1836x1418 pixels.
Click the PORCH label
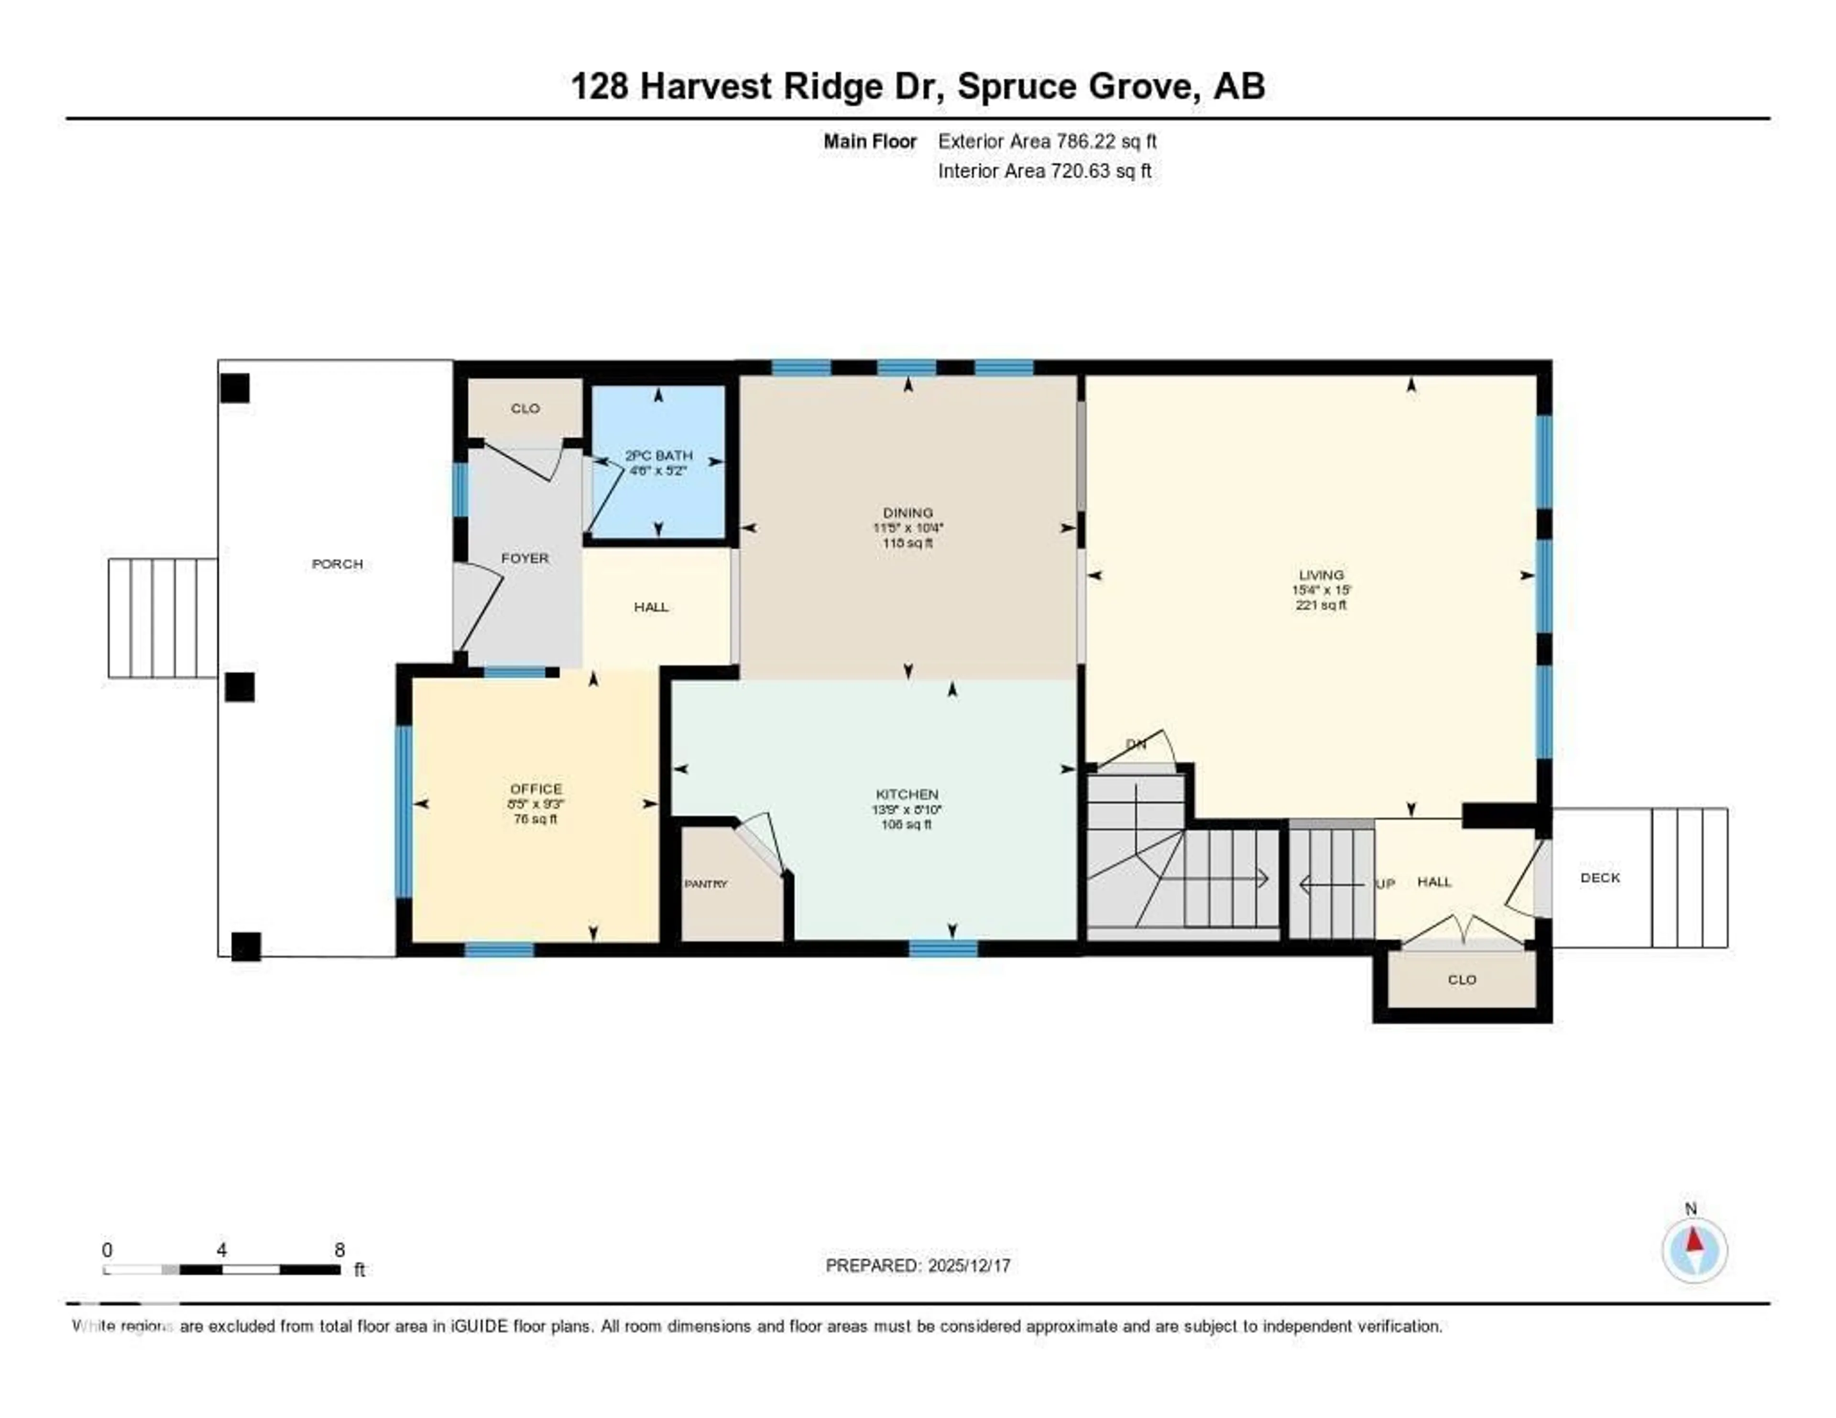pyautogui.click(x=337, y=564)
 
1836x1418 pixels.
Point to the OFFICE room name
pyautogui.click(x=535, y=788)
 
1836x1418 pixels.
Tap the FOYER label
pyautogui.click(x=525, y=558)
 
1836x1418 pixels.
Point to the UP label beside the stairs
pyautogui.click(x=1385, y=884)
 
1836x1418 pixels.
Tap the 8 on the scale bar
pyautogui.click(x=339, y=1250)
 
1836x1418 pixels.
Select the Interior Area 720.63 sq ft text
pyautogui.click(x=1044, y=172)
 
